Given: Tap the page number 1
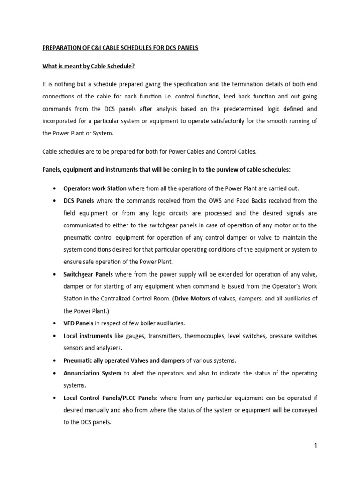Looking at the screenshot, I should [316, 446].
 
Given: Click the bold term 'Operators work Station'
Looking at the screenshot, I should [95, 188].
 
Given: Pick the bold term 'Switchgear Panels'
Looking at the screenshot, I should [87, 274].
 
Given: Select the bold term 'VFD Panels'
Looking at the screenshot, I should [78, 322].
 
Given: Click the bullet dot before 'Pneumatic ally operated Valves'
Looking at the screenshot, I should [56, 361].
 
